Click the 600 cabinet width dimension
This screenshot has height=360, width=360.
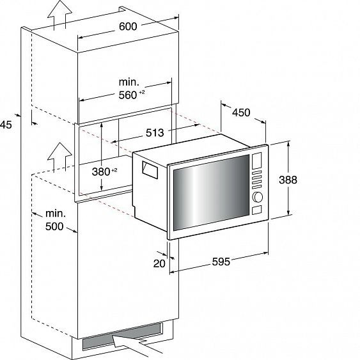(x=128, y=26)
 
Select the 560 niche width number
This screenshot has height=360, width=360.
(x=128, y=95)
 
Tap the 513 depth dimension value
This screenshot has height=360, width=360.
(x=155, y=132)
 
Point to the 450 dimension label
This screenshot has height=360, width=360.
(x=241, y=113)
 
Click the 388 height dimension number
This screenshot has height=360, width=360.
(x=288, y=180)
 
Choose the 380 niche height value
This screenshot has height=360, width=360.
(x=101, y=171)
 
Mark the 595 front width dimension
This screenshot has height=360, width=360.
(x=221, y=262)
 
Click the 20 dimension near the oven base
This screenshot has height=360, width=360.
(x=159, y=263)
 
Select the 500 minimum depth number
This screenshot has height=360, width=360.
(x=54, y=226)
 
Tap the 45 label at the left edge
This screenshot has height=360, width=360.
(x=6, y=125)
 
